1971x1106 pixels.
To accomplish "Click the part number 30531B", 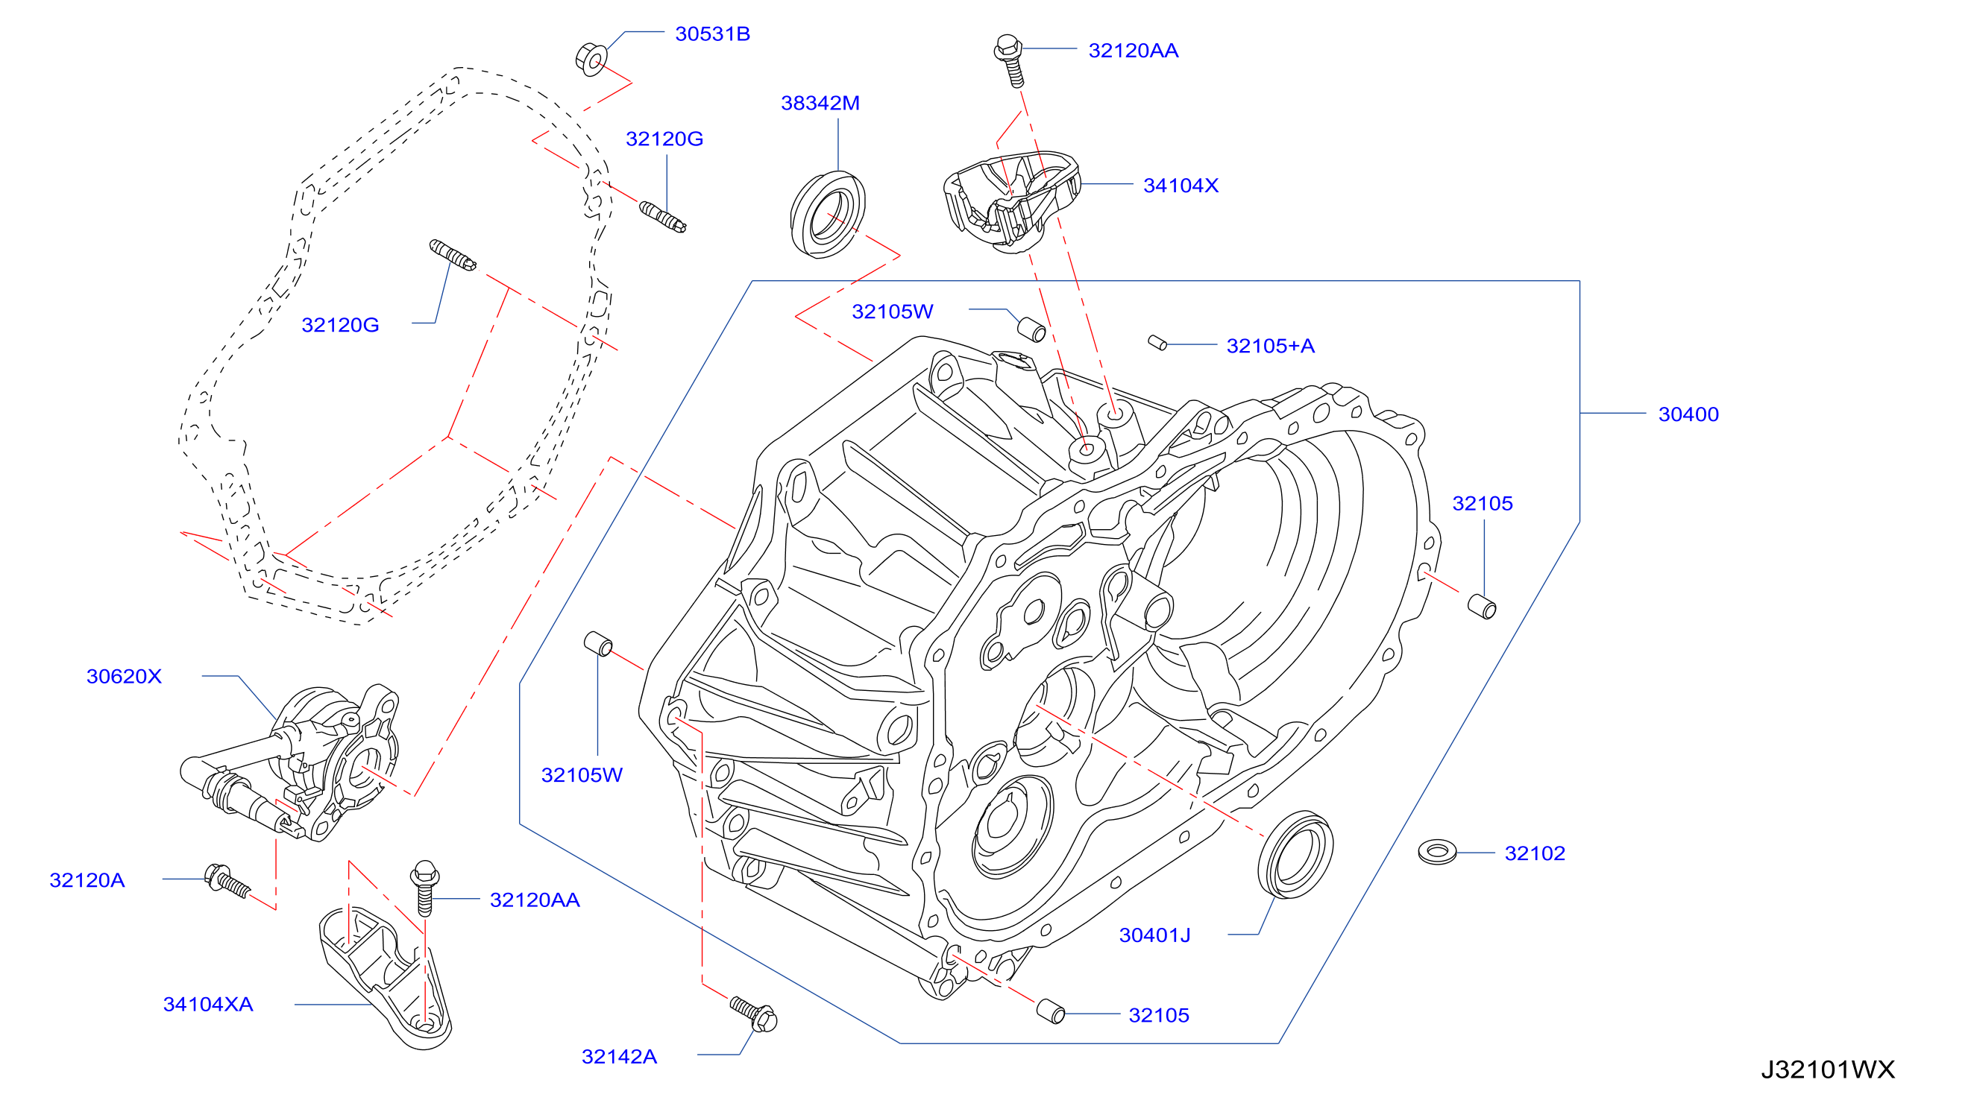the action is tap(711, 34).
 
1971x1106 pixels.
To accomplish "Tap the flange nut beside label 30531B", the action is tap(591, 58).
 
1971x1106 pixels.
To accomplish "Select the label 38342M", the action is tap(820, 103).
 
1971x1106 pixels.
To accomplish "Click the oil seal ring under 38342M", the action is tap(827, 215).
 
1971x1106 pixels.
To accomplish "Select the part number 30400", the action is tap(1688, 414).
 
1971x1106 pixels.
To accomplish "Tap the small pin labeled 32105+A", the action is tap(1157, 343).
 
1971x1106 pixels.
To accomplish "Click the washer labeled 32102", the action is tap(1437, 851).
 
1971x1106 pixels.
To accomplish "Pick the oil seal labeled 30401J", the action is tap(1295, 854).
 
